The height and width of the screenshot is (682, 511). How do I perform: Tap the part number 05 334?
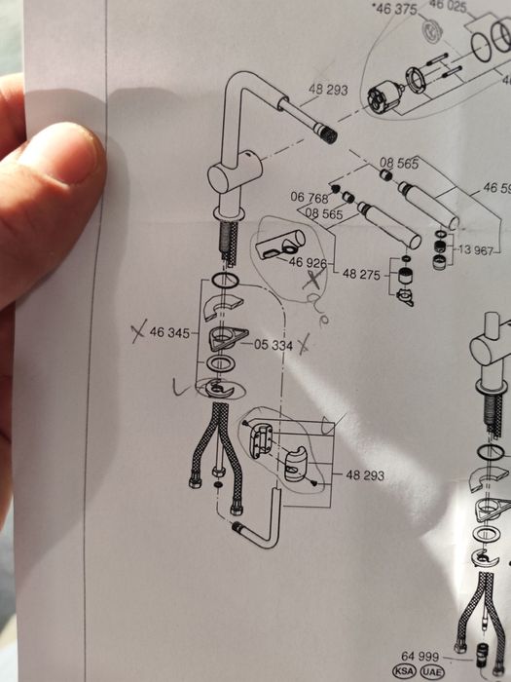(x=274, y=345)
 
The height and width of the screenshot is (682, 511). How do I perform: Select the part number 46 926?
(x=308, y=263)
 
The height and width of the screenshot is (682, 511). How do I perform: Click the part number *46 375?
(x=393, y=10)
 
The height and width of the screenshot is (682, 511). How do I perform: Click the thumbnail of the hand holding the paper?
(x=49, y=195)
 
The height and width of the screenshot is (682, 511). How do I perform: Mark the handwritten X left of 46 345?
(x=136, y=332)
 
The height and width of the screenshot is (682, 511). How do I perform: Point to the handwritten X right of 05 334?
(x=306, y=344)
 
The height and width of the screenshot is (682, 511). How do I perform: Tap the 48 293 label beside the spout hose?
(x=328, y=91)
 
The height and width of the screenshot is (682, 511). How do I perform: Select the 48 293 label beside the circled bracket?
(x=363, y=474)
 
